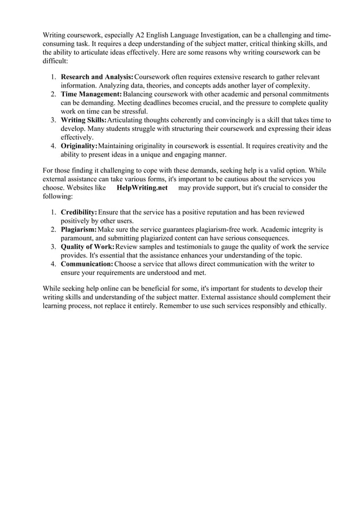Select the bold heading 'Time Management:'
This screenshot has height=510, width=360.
coord(91,94)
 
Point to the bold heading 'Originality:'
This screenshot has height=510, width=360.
coord(79,146)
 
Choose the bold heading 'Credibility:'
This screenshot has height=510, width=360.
coord(79,212)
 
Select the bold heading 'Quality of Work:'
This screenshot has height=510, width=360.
coord(87,247)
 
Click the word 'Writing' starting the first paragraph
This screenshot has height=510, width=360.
coord(55,35)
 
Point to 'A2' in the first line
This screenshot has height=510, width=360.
coord(141,35)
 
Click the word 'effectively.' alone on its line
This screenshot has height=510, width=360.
coord(77,137)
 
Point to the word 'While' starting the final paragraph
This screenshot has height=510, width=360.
coord(52,289)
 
